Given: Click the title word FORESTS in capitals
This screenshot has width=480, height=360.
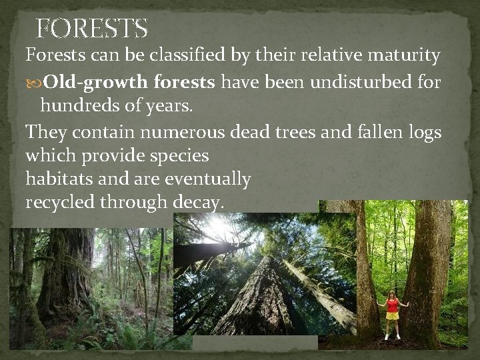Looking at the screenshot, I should (x=91, y=29).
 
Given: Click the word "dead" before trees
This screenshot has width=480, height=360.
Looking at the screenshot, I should (x=250, y=132).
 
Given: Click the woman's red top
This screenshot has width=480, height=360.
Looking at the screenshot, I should (x=392, y=305).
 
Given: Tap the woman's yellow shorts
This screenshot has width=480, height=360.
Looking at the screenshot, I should (x=392, y=315).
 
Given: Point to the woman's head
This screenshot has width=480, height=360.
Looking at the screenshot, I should (x=392, y=294).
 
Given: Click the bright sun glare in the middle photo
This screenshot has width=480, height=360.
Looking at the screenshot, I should (x=219, y=230).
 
